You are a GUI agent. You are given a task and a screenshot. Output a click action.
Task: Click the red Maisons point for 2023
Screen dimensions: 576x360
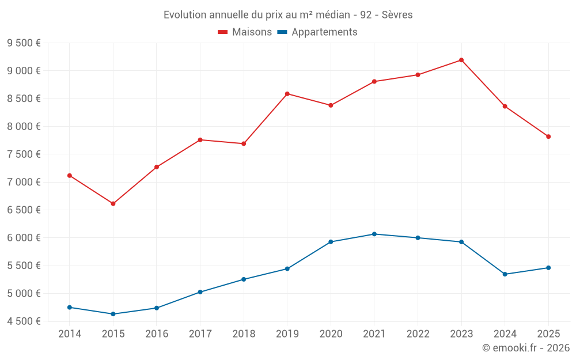coord(461,60)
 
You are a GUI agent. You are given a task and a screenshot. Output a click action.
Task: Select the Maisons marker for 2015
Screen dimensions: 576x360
coord(113,203)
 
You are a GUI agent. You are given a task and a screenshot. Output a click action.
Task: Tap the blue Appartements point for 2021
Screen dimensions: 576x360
coord(374,234)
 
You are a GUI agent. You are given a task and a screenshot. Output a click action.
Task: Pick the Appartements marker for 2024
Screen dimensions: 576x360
coord(505,274)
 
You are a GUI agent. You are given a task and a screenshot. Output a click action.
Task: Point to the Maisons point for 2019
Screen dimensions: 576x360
coord(287,94)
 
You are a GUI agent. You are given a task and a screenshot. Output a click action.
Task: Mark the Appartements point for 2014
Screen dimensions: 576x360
coord(70,308)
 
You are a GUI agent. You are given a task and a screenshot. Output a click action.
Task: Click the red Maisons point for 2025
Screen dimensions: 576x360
coord(548,137)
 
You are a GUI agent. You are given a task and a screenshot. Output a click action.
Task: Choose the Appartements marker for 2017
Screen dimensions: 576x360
coord(200,292)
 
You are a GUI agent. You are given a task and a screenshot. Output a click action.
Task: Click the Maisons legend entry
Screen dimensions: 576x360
coord(245,32)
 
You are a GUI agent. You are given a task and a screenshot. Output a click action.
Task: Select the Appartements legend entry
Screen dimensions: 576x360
coord(317,32)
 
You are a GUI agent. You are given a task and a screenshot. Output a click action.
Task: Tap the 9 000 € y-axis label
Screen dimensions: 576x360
coord(24,70)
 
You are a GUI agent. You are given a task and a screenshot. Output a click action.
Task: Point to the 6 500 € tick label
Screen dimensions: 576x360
coord(24,210)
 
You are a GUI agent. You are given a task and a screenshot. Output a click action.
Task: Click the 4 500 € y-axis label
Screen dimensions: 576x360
coord(24,321)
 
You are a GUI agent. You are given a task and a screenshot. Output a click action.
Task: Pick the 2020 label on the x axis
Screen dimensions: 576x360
coord(331,334)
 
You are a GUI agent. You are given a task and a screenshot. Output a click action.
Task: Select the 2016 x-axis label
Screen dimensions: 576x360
coord(157,334)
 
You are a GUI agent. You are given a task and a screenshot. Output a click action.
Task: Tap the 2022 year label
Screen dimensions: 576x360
coord(418,334)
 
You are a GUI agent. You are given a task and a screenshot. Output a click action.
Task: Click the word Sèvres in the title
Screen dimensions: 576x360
coord(397,15)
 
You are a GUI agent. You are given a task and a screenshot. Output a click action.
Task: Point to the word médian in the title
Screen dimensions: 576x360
coord(333,15)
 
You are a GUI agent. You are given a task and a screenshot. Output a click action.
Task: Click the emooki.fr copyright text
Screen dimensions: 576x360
coord(526,347)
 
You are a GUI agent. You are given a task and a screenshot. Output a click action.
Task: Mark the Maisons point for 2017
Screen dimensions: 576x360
coord(200,140)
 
